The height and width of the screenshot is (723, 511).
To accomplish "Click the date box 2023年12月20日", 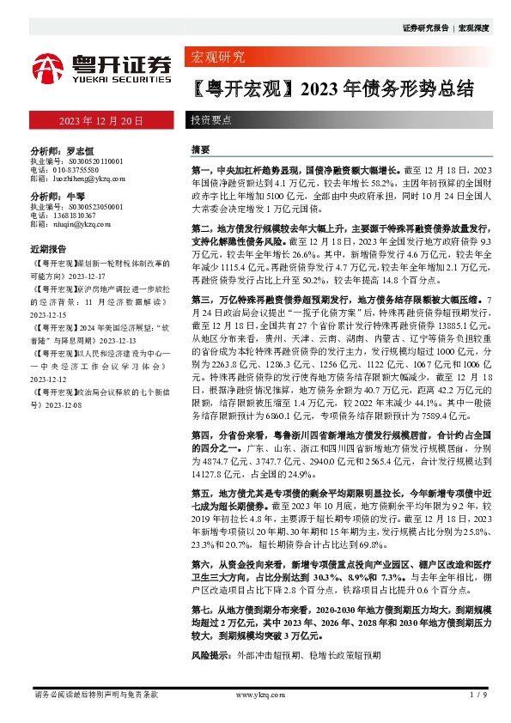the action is pos(100,120).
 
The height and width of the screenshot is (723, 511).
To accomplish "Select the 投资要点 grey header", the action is pos(210,121).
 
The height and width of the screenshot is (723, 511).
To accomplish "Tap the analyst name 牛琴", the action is pos(74,196).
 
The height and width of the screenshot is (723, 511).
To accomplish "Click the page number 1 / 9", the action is pos(480,694).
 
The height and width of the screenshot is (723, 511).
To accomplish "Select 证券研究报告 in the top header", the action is pos(425,28).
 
